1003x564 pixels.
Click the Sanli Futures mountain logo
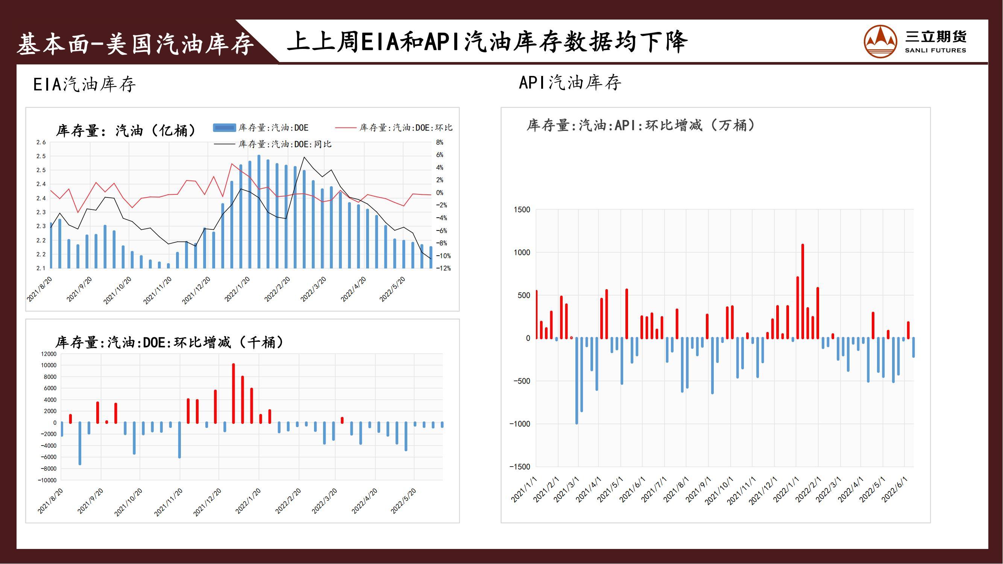coord(880,42)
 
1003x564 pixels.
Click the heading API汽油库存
coord(570,82)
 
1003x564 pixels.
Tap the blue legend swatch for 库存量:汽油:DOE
coord(224,128)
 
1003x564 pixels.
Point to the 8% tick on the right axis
coord(440,143)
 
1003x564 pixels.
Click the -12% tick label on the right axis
coord(443,268)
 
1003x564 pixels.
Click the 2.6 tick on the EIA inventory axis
coord(41,143)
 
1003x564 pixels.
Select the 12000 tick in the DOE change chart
coord(48,354)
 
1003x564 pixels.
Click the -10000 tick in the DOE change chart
coord(47,480)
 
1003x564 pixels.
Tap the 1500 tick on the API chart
coord(522,210)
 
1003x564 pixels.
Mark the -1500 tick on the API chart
coord(520,467)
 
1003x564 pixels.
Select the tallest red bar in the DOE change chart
coord(233,393)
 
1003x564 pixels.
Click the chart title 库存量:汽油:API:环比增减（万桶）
coord(641,125)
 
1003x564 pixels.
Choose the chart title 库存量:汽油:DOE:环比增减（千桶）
coord(170,343)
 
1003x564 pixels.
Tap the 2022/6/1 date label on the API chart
coord(895,490)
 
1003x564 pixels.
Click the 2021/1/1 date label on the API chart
coord(524,490)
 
